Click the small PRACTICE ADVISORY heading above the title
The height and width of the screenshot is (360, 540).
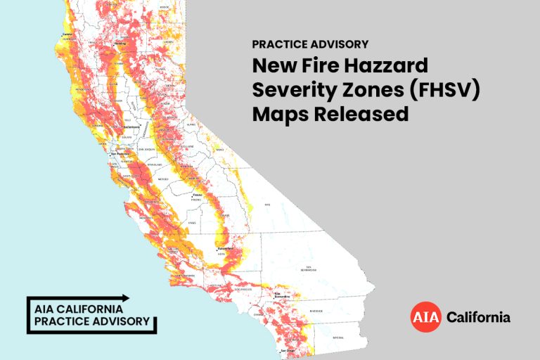click(310, 44)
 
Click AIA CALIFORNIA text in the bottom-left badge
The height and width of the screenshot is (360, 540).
click(79, 309)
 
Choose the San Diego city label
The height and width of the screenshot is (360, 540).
click(289, 349)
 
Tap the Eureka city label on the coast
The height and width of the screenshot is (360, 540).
click(68, 34)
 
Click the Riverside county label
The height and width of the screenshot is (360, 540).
click(316, 310)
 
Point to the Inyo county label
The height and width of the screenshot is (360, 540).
click(267, 205)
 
